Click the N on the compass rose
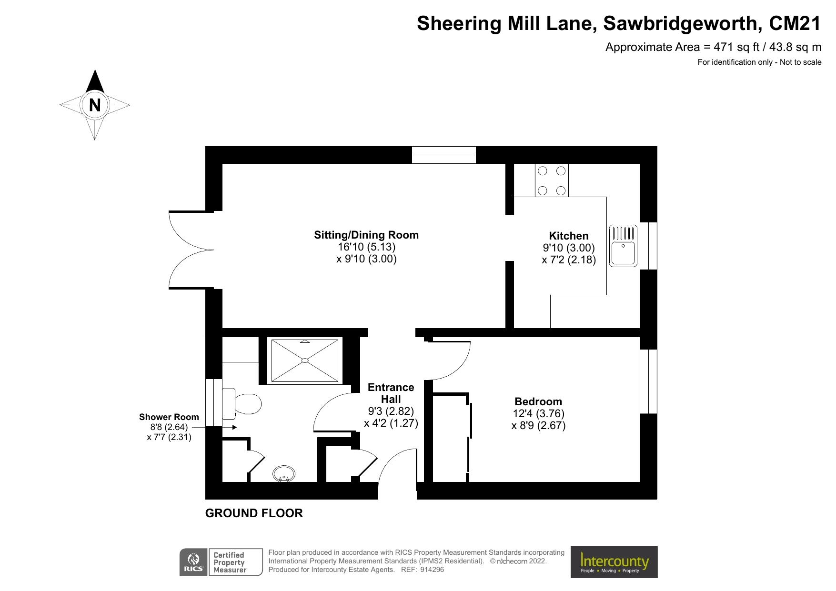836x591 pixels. click(x=95, y=105)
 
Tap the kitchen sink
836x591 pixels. click(x=623, y=252)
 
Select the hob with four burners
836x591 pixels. click(x=552, y=180)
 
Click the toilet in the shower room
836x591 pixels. click(x=247, y=404)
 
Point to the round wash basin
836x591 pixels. click(x=284, y=474)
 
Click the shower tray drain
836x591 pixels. click(x=305, y=361)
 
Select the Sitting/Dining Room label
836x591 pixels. click(x=366, y=235)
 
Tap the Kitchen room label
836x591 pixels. click(x=568, y=236)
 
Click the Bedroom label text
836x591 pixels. click(x=538, y=401)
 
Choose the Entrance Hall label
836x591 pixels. click(x=391, y=393)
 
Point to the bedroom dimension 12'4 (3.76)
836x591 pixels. click(x=538, y=413)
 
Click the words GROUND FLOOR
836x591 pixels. click(x=254, y=513)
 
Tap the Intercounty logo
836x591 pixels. click(x=614, y=562)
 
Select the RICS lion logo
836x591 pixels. click(x=193, y=562)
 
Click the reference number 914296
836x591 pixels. click(x=432, y=570)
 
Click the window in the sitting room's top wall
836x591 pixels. click(x=443, y=155)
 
